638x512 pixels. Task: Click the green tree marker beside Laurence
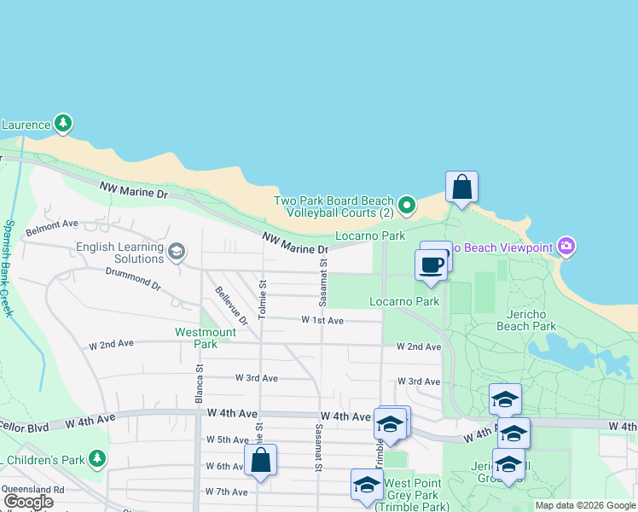pos(62,124)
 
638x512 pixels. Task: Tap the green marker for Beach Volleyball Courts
pos(407,205)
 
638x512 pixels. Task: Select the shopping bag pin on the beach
pos(461,187)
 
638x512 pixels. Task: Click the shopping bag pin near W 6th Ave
pos(261,460)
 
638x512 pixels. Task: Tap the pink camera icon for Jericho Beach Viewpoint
pos(567,247)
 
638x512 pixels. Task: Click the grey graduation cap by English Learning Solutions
pos(177,251)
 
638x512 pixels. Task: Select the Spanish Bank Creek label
pos(9,268)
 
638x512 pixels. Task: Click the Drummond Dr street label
pos(132,277)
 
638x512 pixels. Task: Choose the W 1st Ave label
pos(322,320)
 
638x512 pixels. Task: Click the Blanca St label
pos(200,384)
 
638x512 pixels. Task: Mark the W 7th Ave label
pos(226,492)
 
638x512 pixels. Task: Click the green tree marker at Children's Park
pos(97,459)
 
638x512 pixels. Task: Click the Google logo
pos(28,502)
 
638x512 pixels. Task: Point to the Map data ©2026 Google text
pos(584,505)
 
